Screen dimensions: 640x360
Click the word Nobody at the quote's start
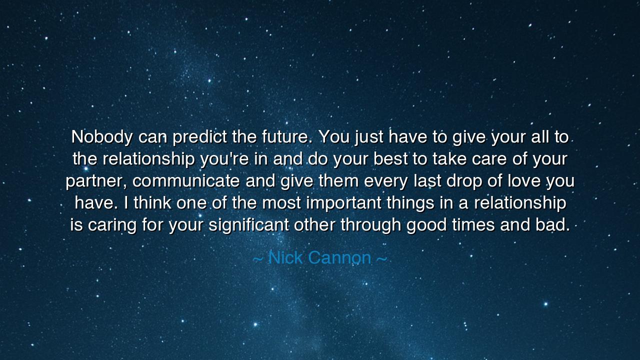pyautogui.click(x=101, y=137)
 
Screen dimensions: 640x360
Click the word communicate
pyautogui.click(x=186, y=181)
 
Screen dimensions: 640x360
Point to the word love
pyautogui.click(x=524, y=181)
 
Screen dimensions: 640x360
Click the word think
pyautogui.click(x=152, y=203)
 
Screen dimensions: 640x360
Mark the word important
pyautogui.click(x=343, y=203)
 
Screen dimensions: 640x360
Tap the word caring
pyautogui.click(x=112, y=225)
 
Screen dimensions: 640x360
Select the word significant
pyautogui.click(x=248, y=225)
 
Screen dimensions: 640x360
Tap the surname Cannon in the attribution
pyautogui.click(x=339, y=258)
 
